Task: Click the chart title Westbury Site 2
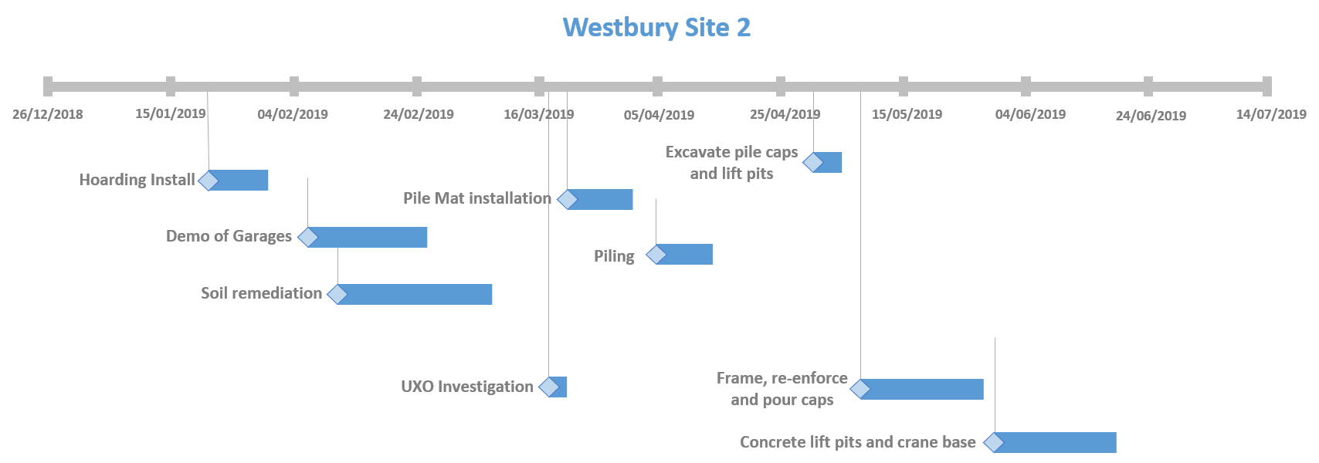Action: click(656, 28)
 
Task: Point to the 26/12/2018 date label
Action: click(47, 114)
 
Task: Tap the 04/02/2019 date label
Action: click(293, 114)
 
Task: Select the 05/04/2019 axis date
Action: click(659, 115)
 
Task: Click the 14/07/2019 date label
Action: click(1271, 114)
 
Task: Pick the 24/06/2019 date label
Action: click(1151, 116)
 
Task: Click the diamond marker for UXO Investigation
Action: click(549, 387)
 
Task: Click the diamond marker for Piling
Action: click(656, 254)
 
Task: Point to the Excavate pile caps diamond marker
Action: click(813, 162)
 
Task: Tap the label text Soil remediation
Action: click(261, 293)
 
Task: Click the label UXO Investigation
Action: click(466, 387)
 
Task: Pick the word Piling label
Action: click(614, 256)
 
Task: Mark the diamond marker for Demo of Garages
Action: click(308, 237)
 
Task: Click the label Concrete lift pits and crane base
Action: click(857, 442)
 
